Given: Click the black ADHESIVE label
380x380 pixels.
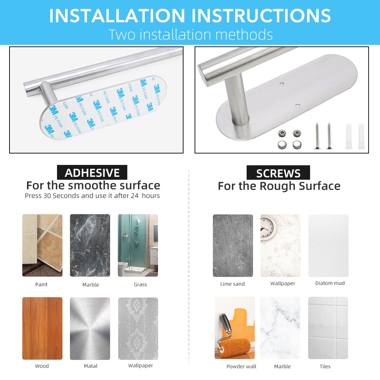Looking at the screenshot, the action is tap(92, 172).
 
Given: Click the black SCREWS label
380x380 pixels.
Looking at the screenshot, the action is tap(278, 173).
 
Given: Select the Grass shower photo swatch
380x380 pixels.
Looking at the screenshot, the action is tap(138, 245).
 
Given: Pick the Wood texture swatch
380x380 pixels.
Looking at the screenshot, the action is tap(43, 328).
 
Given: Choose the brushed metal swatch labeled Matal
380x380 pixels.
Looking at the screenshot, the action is tap(90, 328).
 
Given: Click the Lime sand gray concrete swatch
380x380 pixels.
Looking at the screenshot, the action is tap(233, 245).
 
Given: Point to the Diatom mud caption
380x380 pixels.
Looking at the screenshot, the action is tap(330, 283).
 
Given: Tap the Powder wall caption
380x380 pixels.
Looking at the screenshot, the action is tap(241, 366).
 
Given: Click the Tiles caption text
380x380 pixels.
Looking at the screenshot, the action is tap(325, 366).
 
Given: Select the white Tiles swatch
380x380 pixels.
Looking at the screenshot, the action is tap(328, 328).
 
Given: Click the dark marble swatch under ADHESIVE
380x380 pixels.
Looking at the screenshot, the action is tap(90, 245).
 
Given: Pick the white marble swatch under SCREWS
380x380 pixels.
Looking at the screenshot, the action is tap(280, 328).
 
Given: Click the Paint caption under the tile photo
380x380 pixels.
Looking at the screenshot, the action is tap(41, 284).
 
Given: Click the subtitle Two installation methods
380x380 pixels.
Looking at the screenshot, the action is tap(190, 35).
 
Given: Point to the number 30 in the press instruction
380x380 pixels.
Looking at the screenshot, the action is tap(47, 196).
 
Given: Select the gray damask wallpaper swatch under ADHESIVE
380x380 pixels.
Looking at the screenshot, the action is tap(138, 328).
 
